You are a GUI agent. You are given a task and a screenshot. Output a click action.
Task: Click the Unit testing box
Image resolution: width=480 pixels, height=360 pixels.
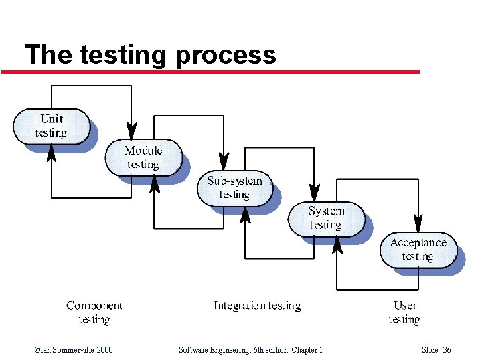coord(52,126)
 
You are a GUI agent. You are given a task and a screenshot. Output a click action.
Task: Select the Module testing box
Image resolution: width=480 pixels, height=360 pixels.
coord(143,157)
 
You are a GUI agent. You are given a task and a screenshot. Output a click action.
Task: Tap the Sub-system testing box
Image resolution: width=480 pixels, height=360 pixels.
coord(234,188)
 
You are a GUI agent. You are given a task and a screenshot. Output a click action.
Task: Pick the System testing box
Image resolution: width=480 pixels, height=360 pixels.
coord(326,218)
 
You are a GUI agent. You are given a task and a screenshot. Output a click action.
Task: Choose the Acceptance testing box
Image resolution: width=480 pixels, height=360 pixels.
coord(418,250)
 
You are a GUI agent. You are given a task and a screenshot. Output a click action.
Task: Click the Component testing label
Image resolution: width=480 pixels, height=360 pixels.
coord(94,312)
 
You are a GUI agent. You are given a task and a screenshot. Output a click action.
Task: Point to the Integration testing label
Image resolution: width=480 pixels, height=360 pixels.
coord(257,306)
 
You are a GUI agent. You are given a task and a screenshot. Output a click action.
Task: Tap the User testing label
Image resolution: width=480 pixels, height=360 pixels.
coord(404,312)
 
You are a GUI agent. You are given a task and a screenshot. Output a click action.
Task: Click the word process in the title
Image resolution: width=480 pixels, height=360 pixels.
coord(226,54)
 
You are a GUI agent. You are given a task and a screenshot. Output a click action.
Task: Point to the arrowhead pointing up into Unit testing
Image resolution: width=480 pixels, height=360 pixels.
coord(52,153)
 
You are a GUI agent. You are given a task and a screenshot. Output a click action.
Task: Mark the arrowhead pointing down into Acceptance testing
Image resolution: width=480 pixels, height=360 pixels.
coord(418,221)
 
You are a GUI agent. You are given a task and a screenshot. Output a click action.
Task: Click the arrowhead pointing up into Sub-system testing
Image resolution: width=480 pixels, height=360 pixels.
coord(245,214)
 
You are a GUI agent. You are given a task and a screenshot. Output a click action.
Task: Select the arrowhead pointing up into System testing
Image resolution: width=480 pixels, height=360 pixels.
coord(337,245)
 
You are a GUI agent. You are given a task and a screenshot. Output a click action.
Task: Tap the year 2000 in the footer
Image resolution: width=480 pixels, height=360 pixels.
coord(104,350)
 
